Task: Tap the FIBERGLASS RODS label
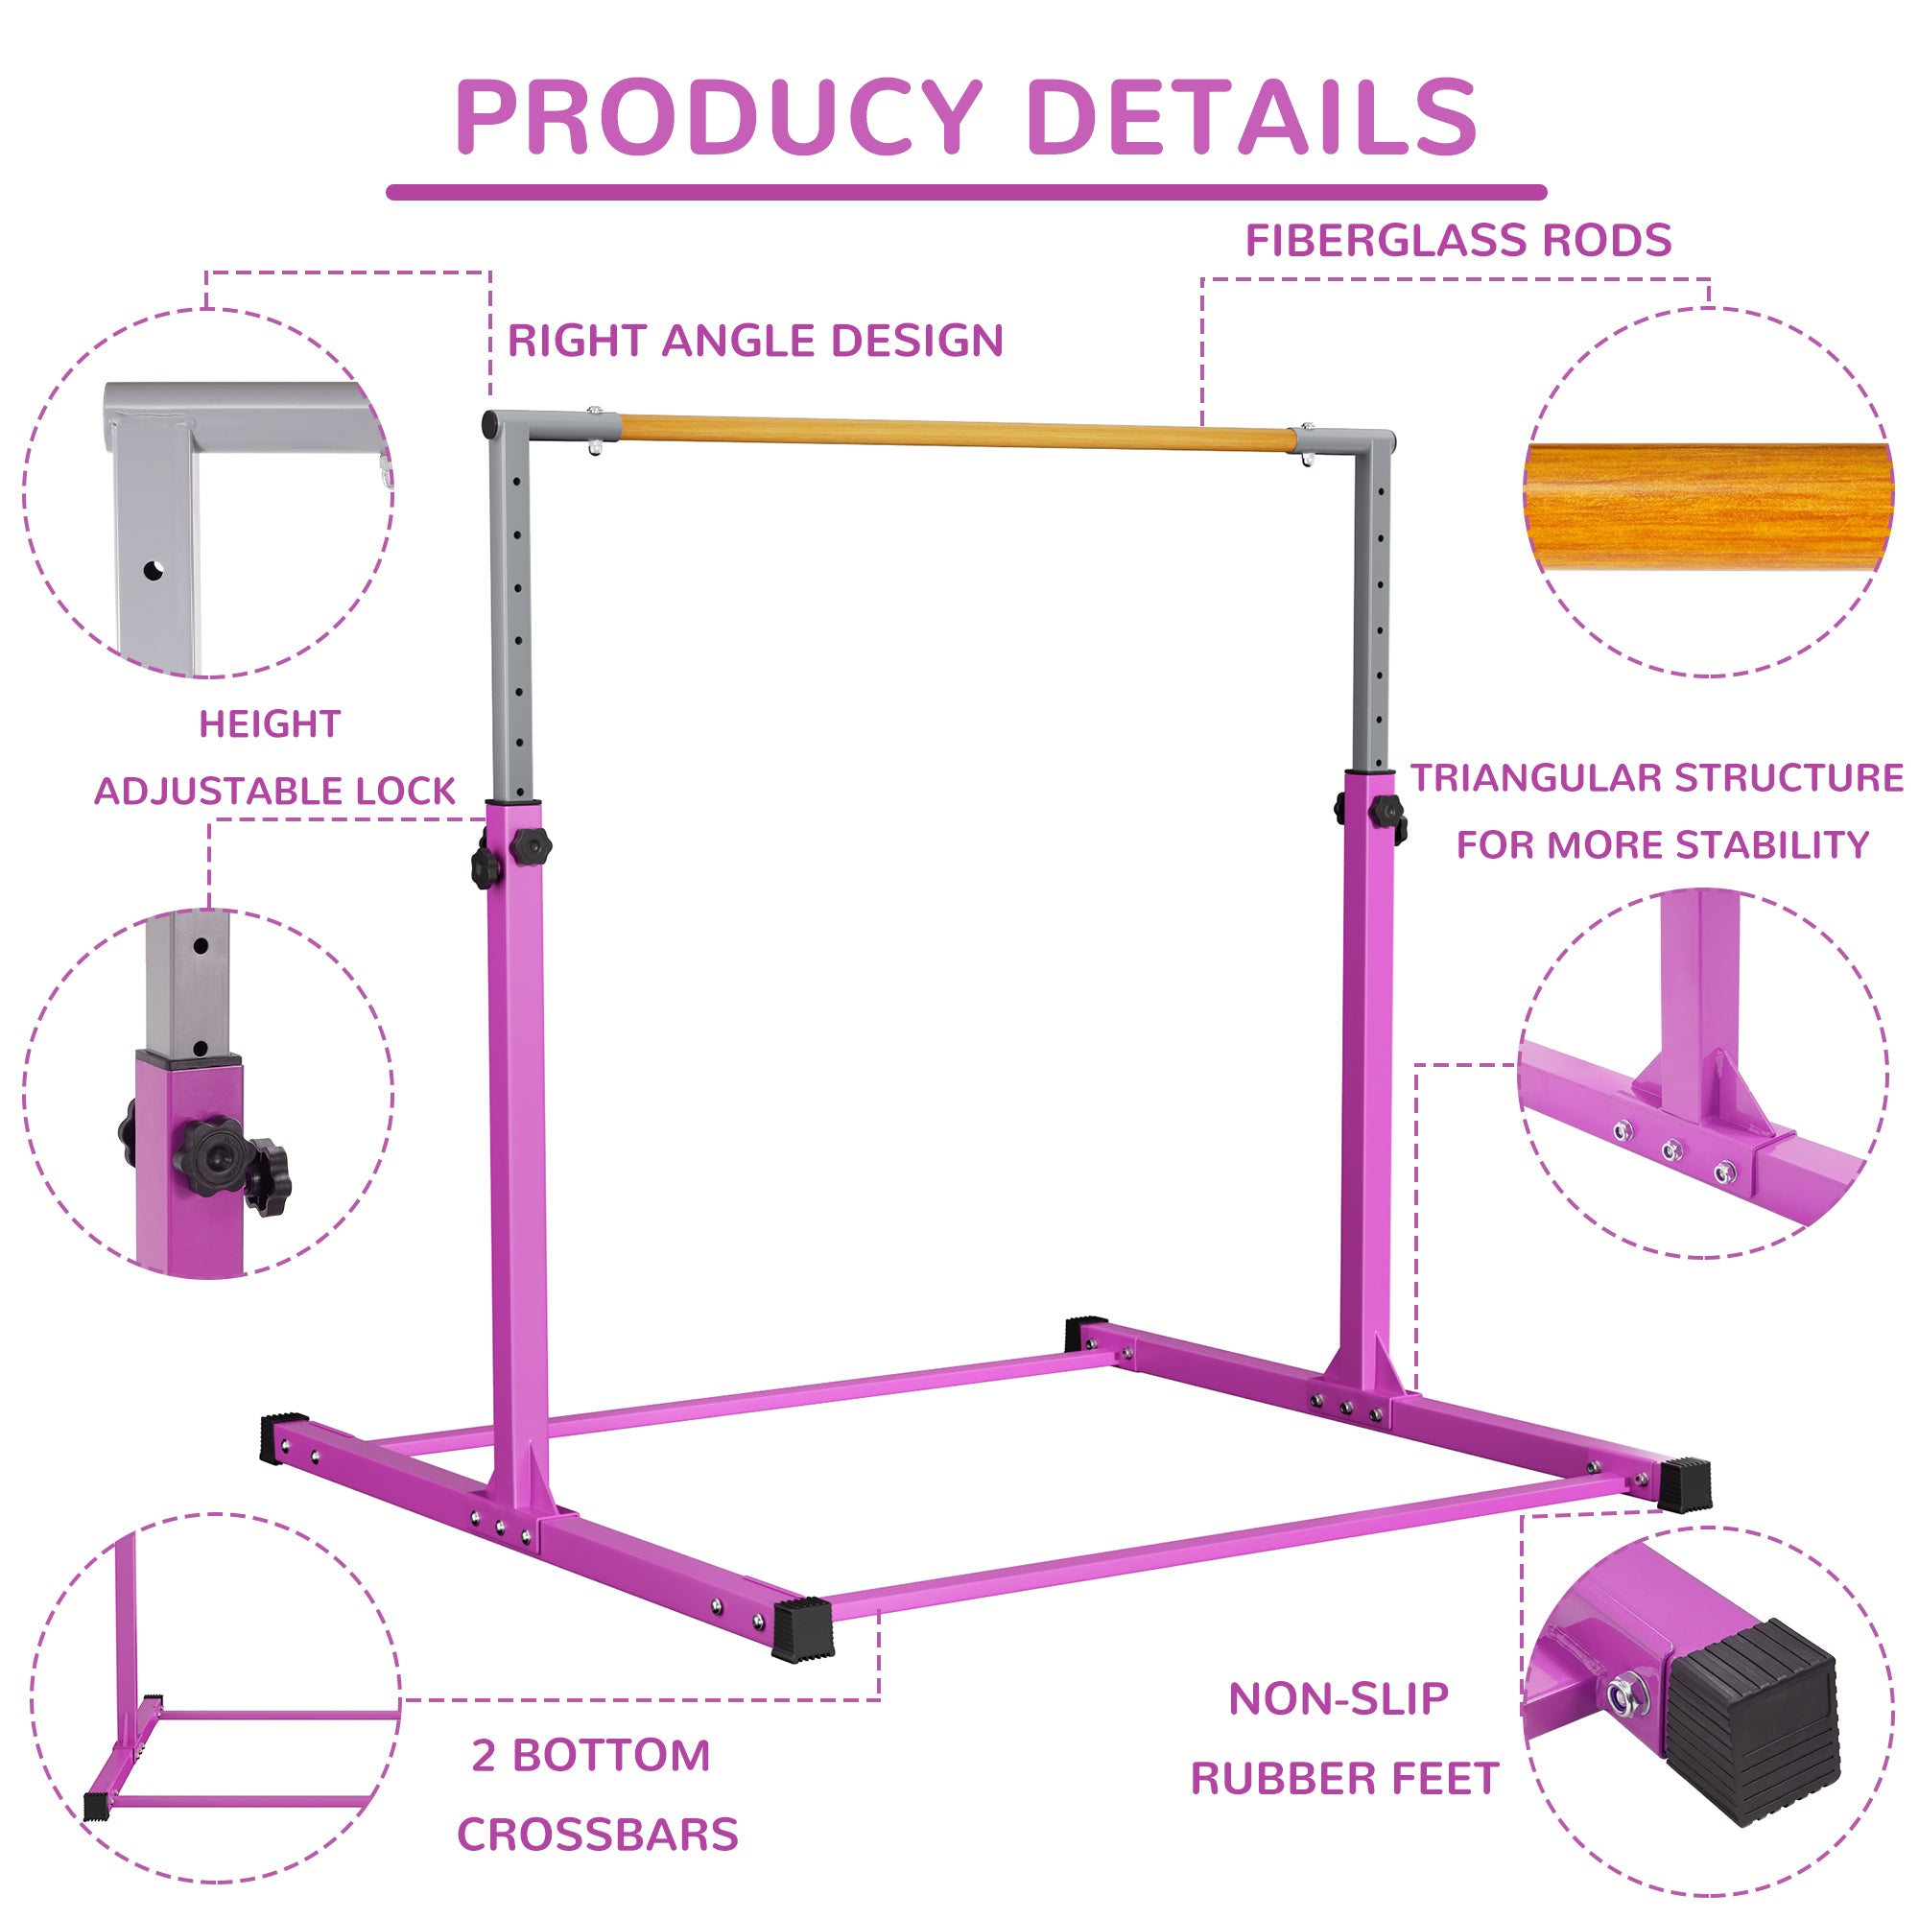(1458, 241)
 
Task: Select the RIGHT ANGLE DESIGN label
(755, 341)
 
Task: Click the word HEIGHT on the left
(271, 724)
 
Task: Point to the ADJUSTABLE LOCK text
(275, 792)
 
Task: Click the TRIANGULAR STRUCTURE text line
(1657, 778)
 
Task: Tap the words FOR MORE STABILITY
(1663, 845)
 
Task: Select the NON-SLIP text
(1338, 1699)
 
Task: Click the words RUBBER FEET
(1344, 1779)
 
